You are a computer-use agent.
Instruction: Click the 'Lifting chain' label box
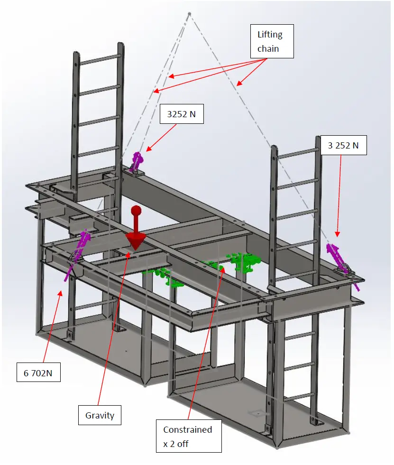click(x=270, y=41)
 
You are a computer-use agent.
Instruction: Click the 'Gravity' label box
click(x=100, y=415)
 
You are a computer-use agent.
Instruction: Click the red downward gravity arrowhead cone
click(x=136, y=241)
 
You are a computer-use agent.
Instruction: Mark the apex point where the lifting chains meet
click(x=189, y=14)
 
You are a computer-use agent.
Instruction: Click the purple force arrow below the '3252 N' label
click(x=137, y=160)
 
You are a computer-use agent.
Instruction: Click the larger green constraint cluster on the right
click(x=245, y=261)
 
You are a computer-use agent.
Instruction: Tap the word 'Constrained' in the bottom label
click(x=187, y=429)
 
